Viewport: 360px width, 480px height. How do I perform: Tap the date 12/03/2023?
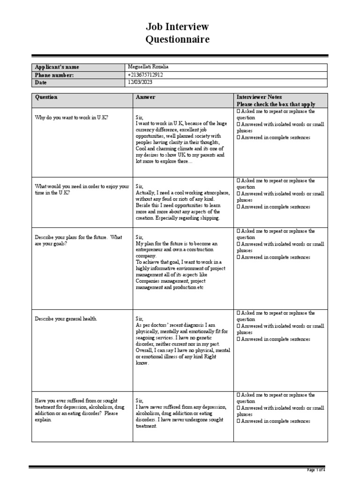[140, 82]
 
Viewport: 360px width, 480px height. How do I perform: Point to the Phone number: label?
[54, 75]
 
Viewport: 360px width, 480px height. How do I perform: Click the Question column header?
[46, 97]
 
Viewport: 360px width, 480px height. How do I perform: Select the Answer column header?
[145, 97]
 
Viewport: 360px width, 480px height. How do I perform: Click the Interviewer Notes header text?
[259, 97]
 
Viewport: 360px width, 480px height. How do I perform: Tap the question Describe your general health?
[66, 319]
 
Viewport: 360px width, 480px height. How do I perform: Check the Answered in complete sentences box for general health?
[239, 339]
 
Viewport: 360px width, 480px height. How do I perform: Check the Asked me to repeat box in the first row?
[239, 112]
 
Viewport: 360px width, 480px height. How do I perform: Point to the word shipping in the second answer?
[209, 218]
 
